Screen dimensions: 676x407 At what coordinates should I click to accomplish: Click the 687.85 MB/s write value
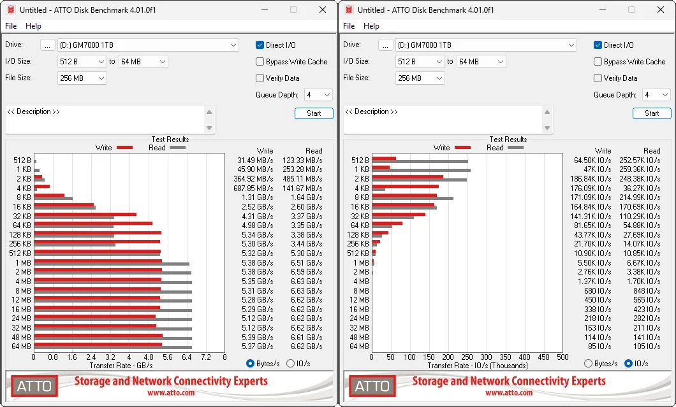point(253,188)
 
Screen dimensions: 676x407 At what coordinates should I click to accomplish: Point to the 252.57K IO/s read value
point(640,161)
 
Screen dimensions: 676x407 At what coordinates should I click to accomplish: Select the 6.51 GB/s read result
point(307,262)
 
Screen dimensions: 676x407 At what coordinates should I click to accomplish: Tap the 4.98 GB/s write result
point(258,225)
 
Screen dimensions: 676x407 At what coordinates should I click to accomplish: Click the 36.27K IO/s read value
point(642,188)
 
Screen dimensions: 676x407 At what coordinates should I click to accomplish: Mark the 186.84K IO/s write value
point(591,179)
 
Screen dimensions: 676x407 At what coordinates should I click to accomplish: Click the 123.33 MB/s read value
point(302,161)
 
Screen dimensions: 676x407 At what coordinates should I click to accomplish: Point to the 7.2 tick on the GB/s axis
point(205,357)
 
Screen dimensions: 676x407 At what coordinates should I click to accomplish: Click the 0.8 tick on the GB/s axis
point(52,357)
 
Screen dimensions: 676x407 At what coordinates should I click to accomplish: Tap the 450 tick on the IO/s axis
point(543,357)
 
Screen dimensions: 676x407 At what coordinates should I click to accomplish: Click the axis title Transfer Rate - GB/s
point(121,366)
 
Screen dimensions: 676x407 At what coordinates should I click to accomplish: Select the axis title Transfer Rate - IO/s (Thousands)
point(478,366)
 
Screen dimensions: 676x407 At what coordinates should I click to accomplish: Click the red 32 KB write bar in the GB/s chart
point(85,214)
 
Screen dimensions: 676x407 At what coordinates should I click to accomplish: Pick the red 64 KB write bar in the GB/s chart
point(93,223)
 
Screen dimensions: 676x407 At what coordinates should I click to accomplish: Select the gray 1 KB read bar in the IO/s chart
point(421,171)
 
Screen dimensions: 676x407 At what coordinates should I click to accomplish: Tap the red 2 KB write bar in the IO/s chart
point(408,176)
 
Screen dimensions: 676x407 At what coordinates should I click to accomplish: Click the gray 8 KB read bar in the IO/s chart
point(413,199)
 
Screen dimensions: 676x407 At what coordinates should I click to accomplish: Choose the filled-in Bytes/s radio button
point(250,364)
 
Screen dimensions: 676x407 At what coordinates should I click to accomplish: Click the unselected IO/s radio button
point(291,364)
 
